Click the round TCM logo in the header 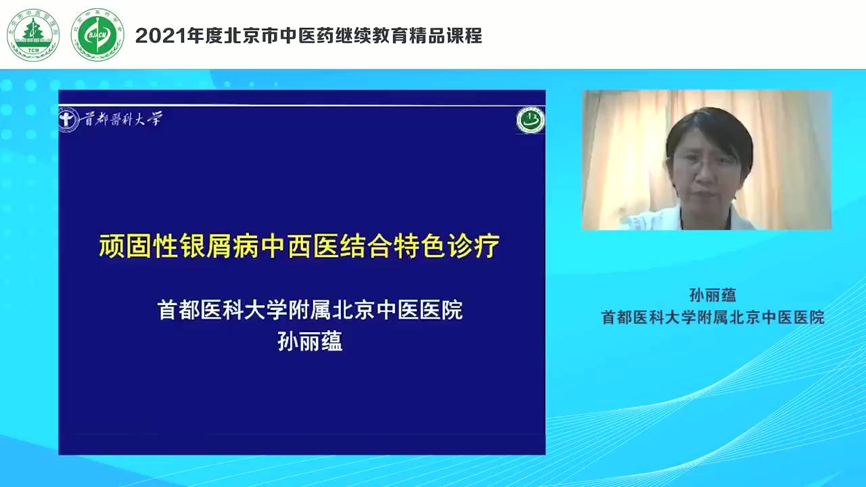33,34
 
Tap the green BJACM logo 97,34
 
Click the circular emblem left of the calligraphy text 68,120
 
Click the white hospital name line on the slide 310,310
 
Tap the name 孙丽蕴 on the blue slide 310,342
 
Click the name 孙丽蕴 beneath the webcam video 712,295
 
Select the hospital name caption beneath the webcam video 713,317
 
